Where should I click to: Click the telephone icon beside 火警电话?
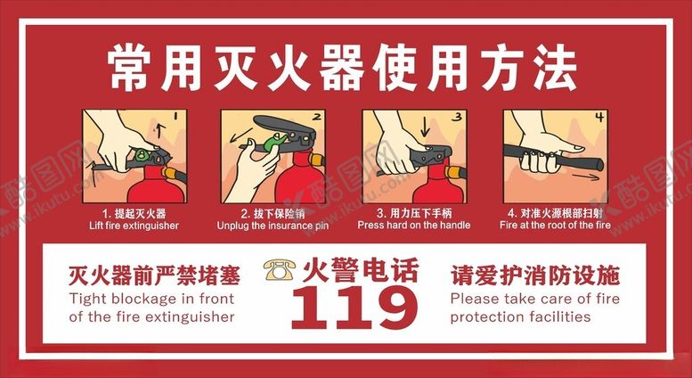280,269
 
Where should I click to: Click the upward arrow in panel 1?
160,131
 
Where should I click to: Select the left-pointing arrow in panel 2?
241,136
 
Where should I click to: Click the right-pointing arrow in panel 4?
586,177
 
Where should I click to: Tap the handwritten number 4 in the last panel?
598,117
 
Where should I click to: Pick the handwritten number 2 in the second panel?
316,117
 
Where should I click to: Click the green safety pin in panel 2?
274,142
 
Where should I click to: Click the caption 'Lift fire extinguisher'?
134,226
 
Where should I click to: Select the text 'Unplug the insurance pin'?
273,226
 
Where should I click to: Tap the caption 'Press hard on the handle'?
414,226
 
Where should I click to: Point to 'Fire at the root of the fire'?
555,226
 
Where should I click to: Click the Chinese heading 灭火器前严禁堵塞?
154,276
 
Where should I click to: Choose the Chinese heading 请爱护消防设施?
535,276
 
